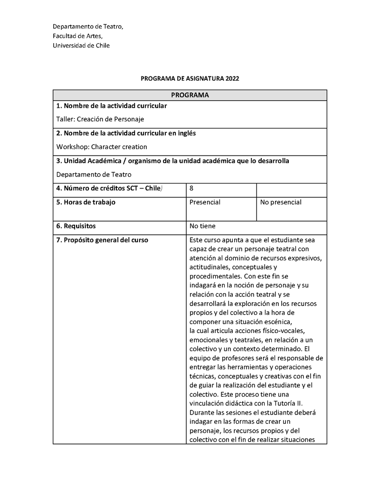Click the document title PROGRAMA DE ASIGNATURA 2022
190,78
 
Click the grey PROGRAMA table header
190,95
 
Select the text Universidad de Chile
81,46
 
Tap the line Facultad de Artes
77,36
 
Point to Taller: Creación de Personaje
100,119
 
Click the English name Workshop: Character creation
102,147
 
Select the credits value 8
191,188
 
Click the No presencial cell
281,202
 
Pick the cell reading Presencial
205,202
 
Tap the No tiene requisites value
202,226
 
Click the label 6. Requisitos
76,226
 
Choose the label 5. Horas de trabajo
86,202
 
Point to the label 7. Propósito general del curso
102,240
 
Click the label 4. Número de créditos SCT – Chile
109,188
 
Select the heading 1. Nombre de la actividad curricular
112,106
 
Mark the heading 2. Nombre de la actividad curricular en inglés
126,133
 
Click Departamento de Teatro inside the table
94,174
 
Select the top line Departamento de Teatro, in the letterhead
87,27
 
